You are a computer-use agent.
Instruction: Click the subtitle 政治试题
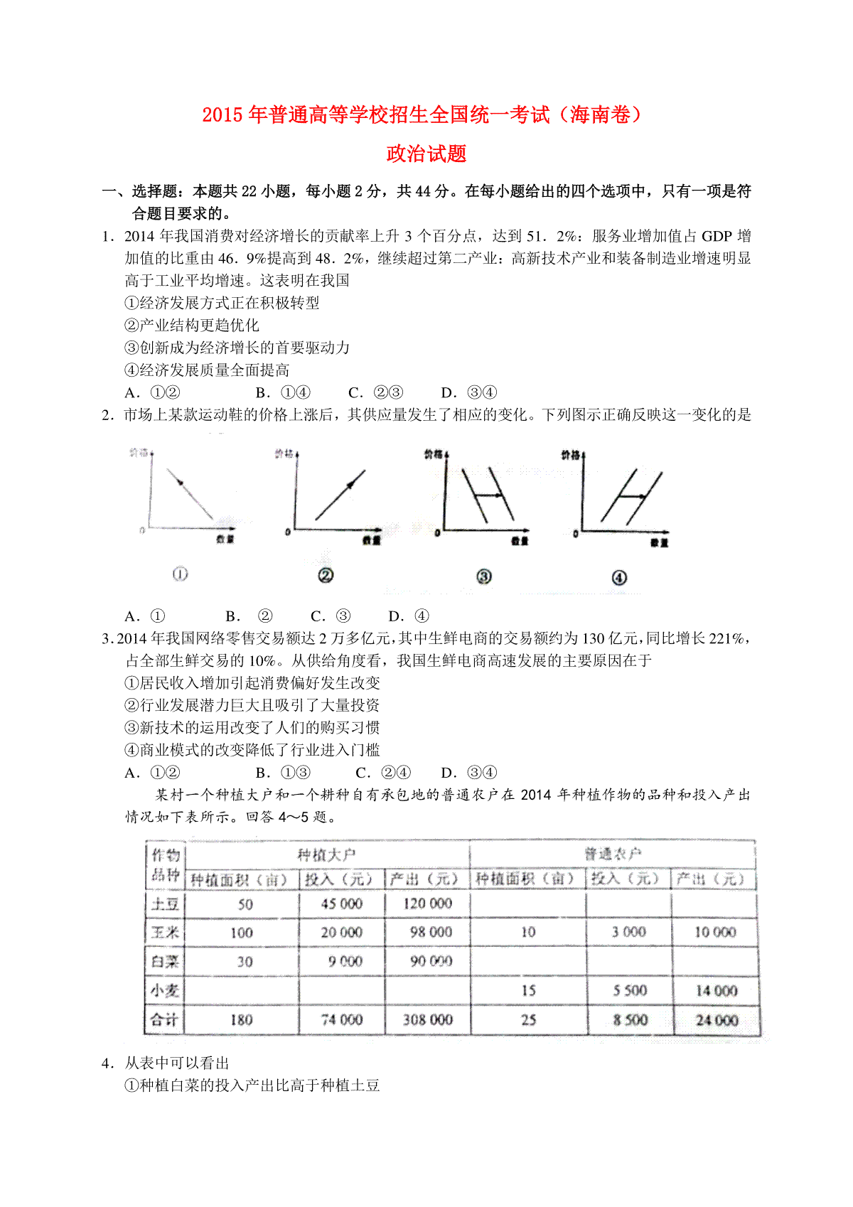[x=426, y=154]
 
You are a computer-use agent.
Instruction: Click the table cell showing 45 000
[x=341, y=903]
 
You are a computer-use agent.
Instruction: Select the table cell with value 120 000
[x=427, y=903]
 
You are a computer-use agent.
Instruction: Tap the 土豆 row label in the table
[x=165, y=904]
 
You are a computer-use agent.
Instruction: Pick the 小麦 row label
[x=165, y=990]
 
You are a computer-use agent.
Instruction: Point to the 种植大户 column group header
[x=326, y=854]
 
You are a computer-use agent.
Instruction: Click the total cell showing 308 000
[x=427, y=1019]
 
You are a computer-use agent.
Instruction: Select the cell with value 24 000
[x=717, y=1020]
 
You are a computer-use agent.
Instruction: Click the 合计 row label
[x=165, y=1019]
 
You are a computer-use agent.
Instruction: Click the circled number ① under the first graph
[x=181, y=574]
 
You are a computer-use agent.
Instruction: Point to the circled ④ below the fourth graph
[x=619, y=578]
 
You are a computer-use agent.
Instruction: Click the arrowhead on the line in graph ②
[x=350, y=485]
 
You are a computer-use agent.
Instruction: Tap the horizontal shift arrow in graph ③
[x=488, y=495]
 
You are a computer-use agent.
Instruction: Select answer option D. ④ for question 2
[x=409, y=616]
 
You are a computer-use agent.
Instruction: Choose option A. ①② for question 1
[x=153, y=392]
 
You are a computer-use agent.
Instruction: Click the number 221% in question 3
[x=726, y=638]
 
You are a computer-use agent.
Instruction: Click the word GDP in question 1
[x=717, y=236]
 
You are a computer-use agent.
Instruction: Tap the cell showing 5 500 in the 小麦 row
[x=630, y=990]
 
